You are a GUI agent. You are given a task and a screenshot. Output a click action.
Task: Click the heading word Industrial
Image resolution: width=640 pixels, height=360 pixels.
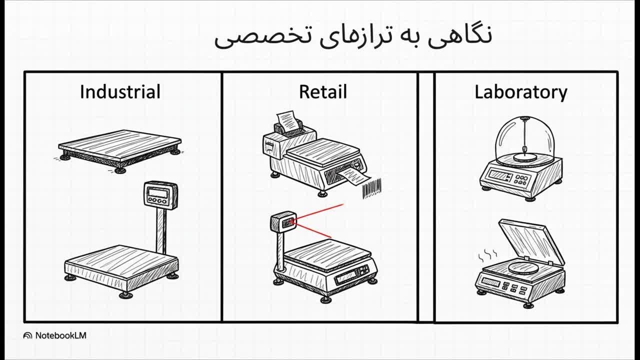coord(120,92)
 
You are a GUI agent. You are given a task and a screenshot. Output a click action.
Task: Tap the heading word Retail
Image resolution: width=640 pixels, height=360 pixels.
coord(323,92)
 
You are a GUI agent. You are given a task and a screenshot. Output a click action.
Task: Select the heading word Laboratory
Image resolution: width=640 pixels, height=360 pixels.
coord(521,92)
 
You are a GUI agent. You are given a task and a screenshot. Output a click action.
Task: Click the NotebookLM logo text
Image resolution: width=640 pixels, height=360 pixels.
coord(60,335)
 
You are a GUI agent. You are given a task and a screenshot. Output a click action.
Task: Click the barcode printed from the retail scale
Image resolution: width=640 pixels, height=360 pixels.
coord(372,188)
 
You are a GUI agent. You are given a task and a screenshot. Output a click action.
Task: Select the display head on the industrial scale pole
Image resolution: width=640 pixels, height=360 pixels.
coord(160,195)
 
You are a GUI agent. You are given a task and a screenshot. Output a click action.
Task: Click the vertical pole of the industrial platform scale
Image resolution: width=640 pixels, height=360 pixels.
coord(161,231)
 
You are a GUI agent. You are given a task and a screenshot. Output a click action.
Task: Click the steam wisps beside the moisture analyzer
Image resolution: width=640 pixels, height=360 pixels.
coord(487,255)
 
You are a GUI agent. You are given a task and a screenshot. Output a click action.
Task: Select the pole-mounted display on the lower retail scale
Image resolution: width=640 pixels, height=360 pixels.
coord(283,221)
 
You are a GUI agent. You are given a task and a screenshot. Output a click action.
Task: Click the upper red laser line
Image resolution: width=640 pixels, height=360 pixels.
coord(319,211)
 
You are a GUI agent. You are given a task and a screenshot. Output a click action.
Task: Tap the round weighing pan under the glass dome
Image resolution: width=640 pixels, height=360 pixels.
coord(525,157)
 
